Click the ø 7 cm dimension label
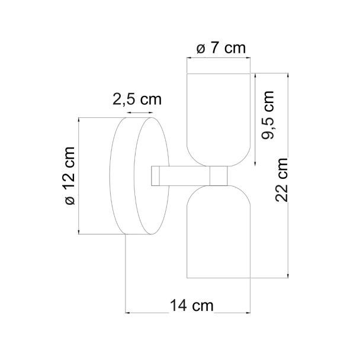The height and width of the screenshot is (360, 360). (x=221, y=48)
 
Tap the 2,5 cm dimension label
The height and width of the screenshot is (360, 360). (x=137, y=99)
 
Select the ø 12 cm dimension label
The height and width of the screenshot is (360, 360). (x=70, y=176)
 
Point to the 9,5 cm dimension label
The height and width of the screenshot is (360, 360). (x=268, y=115)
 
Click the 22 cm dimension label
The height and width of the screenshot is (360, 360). (x=281, y=180)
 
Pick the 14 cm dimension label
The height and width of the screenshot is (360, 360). (x=192, y=306)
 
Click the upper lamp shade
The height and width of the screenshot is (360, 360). (x=218, y=120)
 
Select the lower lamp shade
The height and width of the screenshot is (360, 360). (x=218, y=232)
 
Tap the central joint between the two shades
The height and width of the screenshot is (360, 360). (x=218, y=176)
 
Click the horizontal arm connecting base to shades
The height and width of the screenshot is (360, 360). (x=185, y=176)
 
